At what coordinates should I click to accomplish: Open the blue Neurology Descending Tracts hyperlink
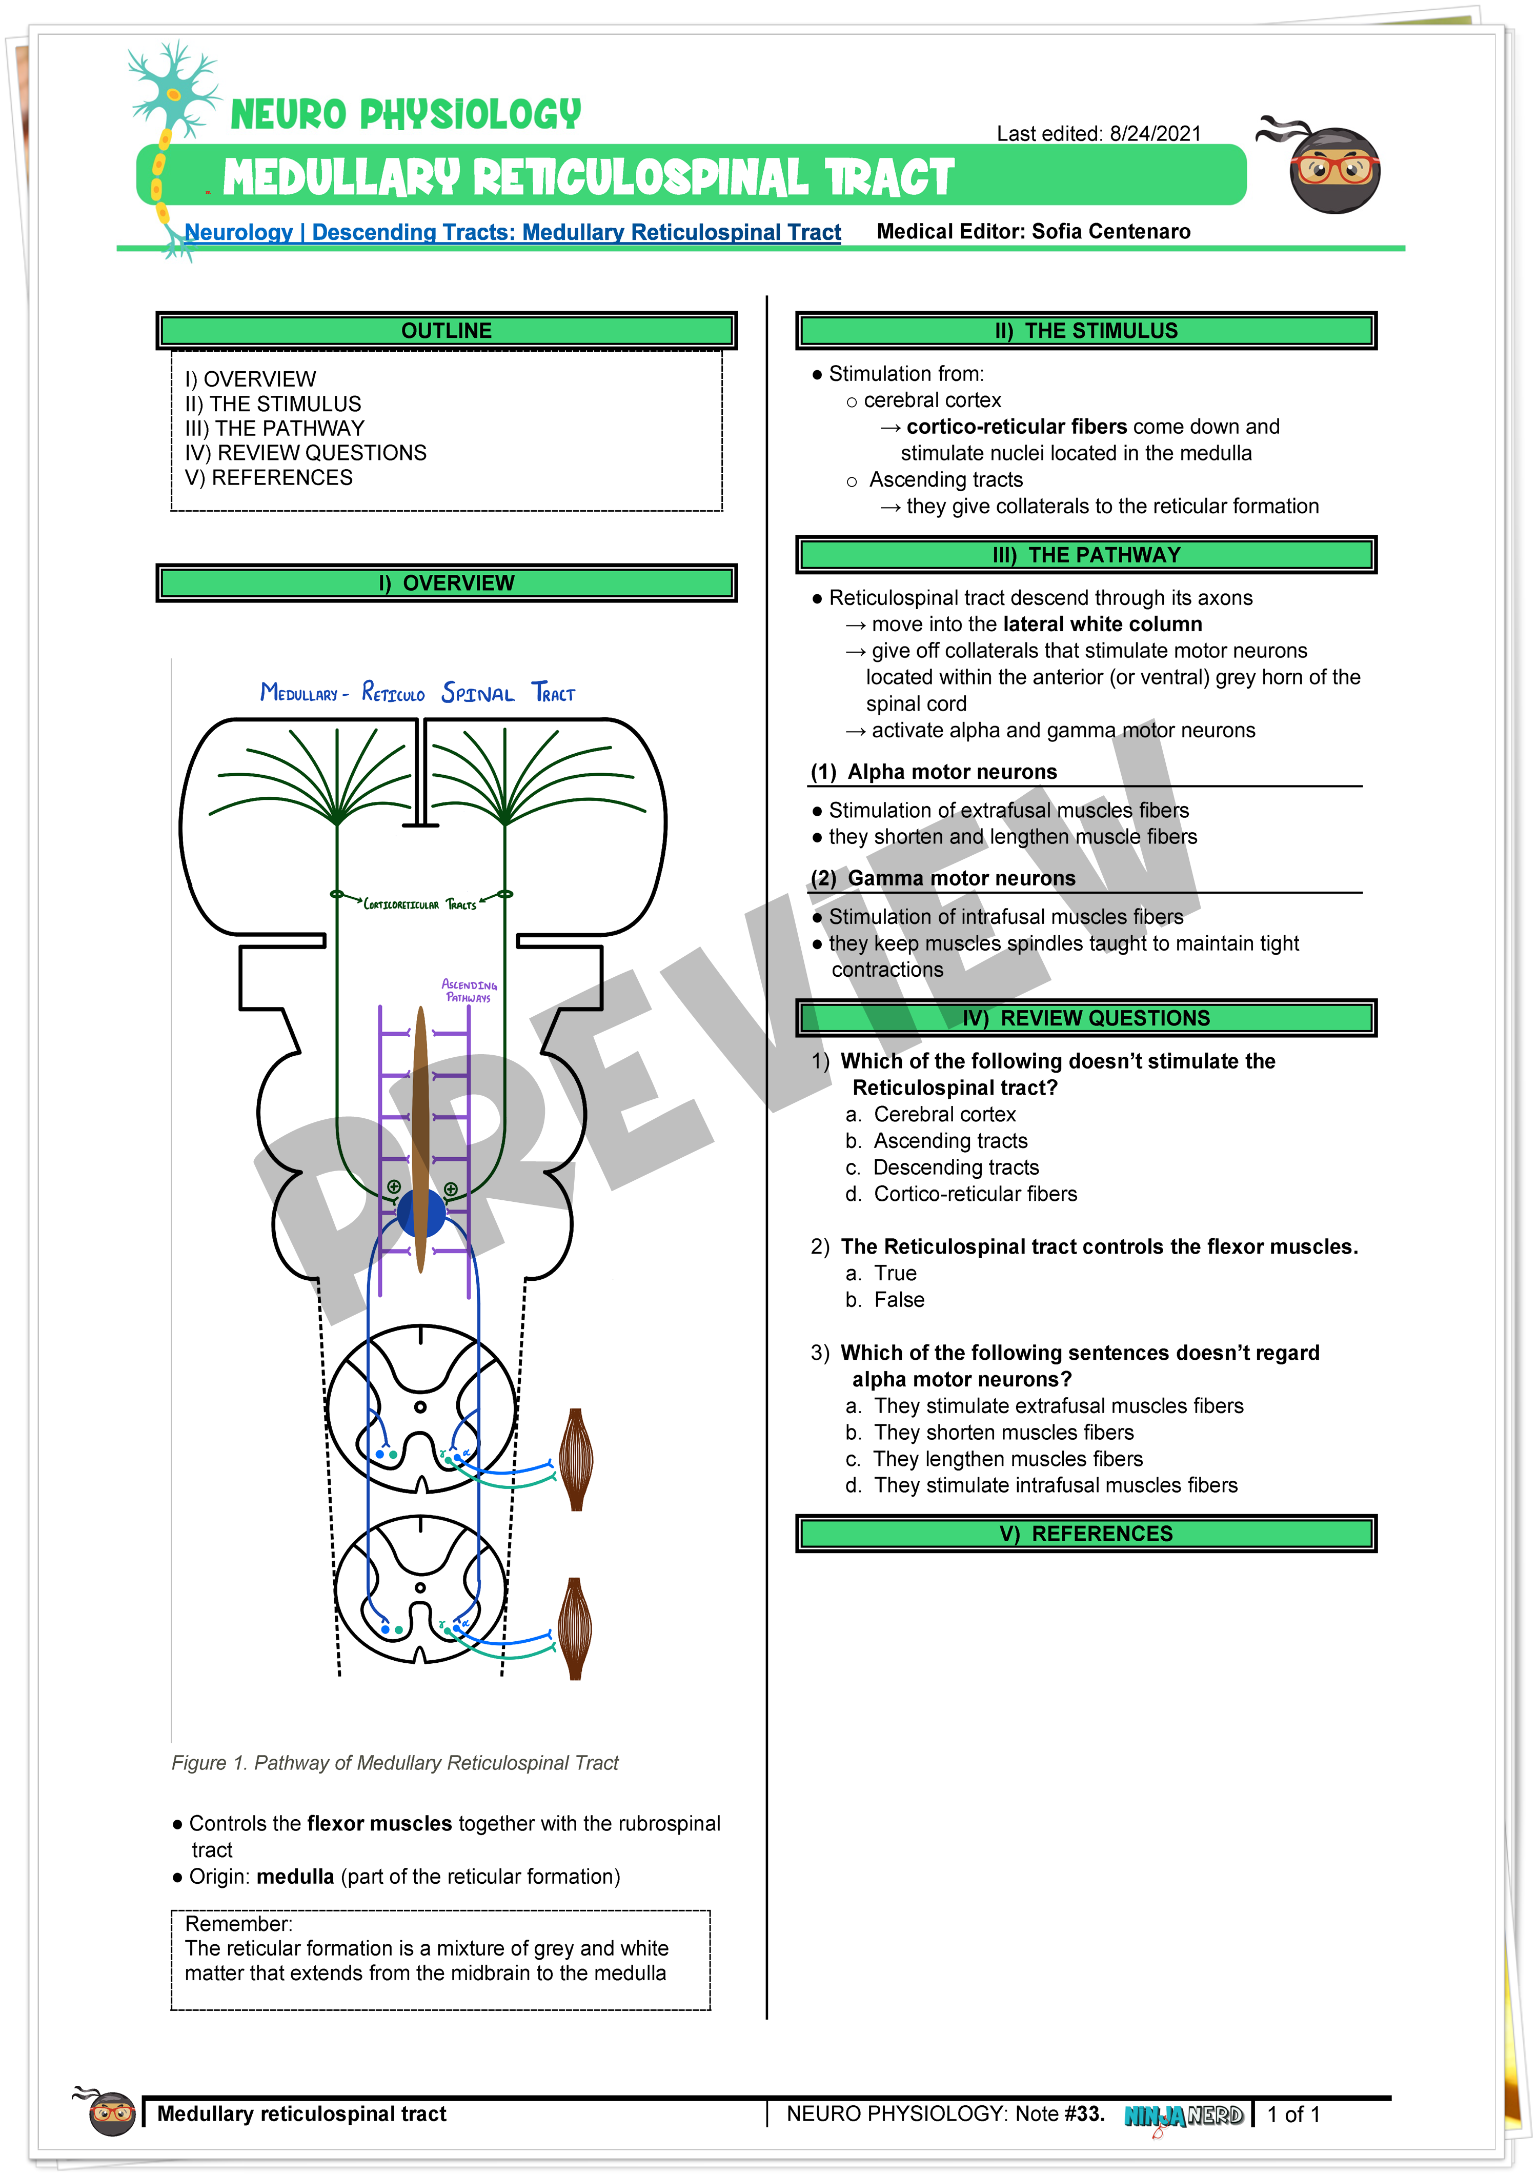512,232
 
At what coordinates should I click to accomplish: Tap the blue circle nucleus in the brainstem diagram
421,1214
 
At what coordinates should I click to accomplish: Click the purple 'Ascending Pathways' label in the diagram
469,991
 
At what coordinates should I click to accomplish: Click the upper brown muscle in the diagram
575,1459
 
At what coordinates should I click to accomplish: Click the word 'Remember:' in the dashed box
239,1924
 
